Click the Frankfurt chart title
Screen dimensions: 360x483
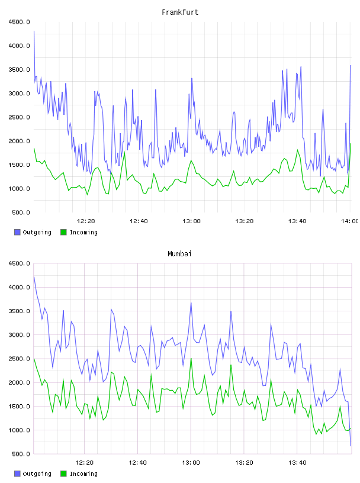click(180, 12)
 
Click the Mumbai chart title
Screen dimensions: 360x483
click(179, 254)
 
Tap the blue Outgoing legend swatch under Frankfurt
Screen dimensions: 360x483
click(17, 232)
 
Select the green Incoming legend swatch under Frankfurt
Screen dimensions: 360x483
click(63, 232)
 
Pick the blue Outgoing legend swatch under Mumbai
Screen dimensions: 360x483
click(17, 474)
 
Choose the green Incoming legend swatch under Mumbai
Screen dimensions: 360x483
click(63, 474)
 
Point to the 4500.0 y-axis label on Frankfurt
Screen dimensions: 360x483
click(19, 22)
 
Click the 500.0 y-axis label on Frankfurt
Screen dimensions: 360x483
click(21, 212)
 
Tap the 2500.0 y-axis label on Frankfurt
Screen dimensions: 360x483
click(19, 117)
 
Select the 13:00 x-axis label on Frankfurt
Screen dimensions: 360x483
click(191, 221)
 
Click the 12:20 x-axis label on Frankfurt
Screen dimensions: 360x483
click(86, 221)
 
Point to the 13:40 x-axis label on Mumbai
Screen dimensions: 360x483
click(297, 463)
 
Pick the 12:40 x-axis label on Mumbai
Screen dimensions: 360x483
click(138, 463)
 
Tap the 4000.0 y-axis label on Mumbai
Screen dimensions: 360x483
click(19, 288)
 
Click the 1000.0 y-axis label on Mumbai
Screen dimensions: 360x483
click(19, 430)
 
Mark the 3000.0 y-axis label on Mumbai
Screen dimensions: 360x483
click(19, 335)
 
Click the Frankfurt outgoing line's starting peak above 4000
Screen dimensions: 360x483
click(34, 31)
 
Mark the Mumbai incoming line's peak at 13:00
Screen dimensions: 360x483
click(191, 359)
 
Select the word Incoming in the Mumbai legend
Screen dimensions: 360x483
click(84, 474)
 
